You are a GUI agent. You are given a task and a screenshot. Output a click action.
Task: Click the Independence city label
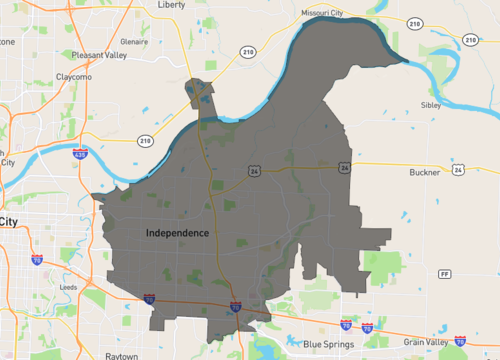(177, 233)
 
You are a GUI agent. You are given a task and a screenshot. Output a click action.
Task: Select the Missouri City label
(323, 13)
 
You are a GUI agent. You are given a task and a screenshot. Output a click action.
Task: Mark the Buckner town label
(424, 172)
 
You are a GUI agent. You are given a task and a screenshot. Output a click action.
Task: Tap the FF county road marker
(444, 273)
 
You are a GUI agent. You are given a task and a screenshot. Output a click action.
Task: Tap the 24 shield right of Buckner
(458, 170)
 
